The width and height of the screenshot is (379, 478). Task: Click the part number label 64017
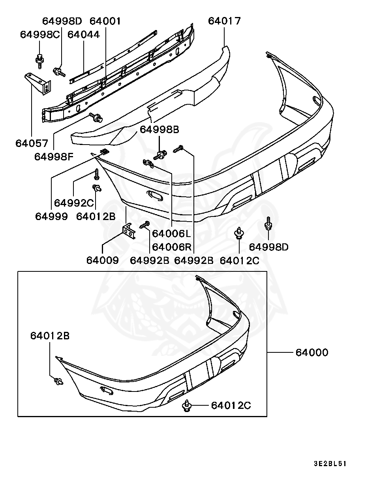224,21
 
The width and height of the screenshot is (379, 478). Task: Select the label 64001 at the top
105,21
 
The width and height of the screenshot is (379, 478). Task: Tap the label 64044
84,34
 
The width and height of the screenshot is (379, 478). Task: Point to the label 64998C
40,34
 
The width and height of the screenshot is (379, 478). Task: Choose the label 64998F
54,156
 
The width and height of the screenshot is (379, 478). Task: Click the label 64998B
159,130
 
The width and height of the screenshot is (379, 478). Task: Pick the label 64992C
74,203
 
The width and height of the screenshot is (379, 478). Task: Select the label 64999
51,216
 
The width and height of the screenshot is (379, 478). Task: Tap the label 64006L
171,234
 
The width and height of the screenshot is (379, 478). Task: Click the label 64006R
171,247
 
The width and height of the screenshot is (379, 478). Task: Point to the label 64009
102,260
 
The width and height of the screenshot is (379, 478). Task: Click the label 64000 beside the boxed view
311,352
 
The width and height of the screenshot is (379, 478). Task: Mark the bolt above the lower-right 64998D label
268,223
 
